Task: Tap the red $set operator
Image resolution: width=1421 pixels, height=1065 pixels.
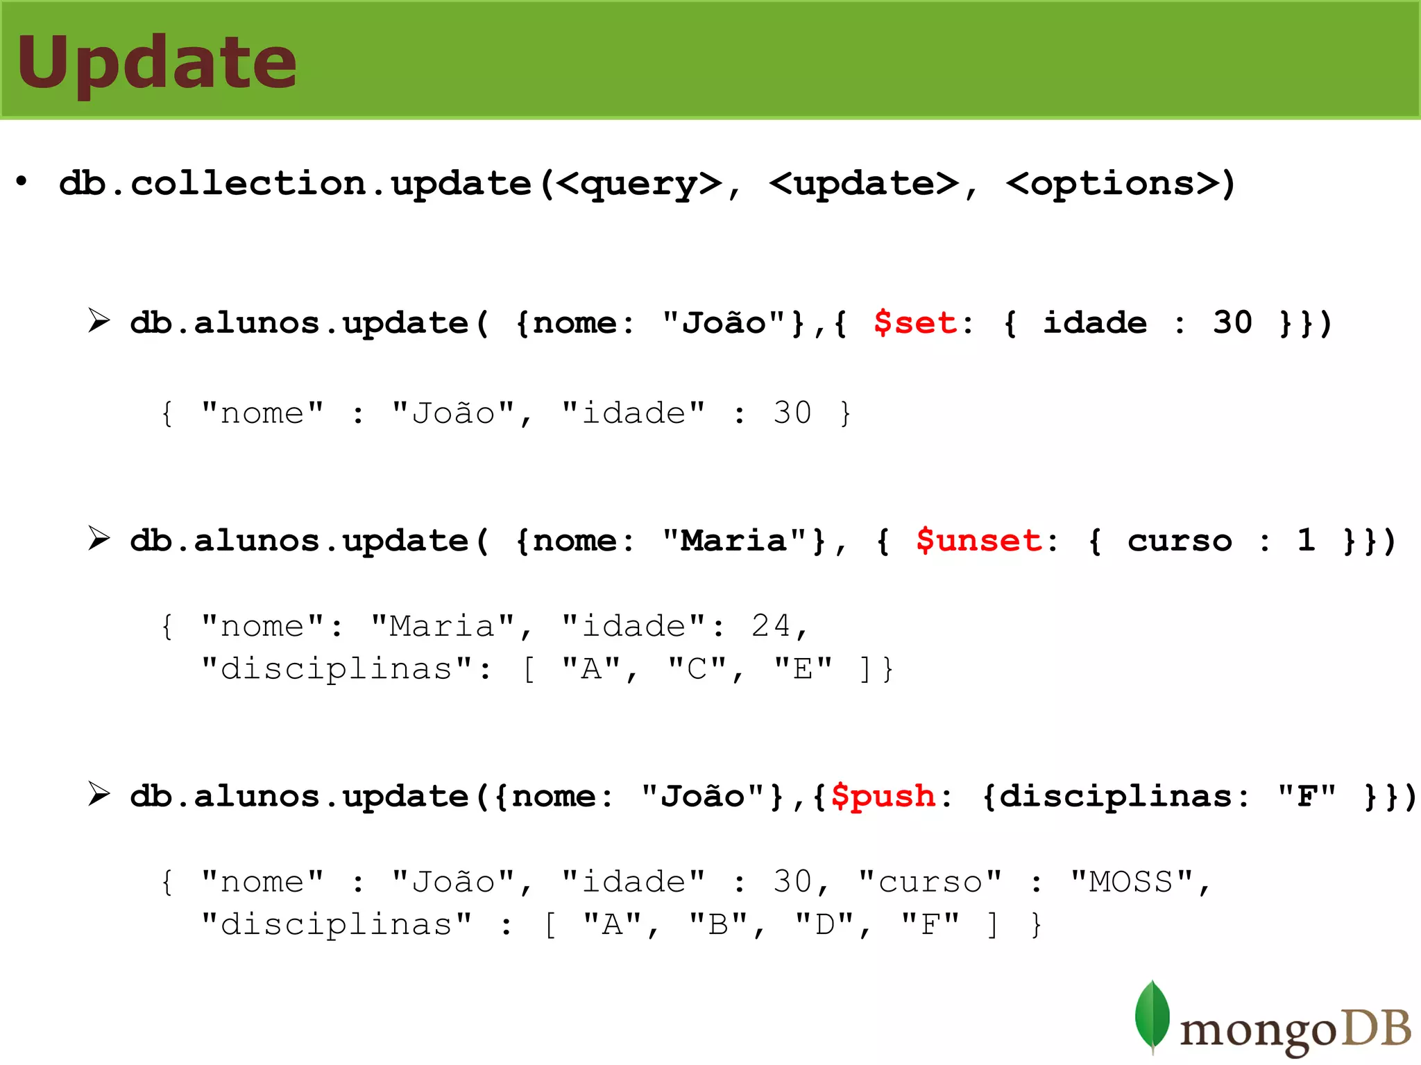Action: tap(915, 323)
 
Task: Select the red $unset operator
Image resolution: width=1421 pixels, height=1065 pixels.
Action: tap(978, 541)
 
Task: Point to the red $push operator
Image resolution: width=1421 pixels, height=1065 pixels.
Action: tap(883, 797)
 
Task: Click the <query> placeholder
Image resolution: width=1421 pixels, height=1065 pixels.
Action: tap(639, 184)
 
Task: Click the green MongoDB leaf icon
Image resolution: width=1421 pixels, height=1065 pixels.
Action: tap(1152, 1016)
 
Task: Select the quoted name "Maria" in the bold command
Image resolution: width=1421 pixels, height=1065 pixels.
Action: tap(734, 541)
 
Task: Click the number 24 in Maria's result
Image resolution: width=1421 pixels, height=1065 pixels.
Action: tap(770, 627)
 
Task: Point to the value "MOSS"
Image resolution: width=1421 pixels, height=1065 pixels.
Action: tap(1131, 883)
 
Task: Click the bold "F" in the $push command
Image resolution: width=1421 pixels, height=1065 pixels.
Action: tap(1307, 797)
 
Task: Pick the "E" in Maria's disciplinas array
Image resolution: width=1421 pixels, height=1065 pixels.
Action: tap(803, 670)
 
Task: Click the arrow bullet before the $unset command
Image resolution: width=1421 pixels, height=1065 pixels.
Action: tap(99, 539)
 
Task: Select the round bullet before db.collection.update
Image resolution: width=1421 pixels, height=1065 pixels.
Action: tap(22, 182)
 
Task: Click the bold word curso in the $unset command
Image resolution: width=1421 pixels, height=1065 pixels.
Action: tap(1180, 541)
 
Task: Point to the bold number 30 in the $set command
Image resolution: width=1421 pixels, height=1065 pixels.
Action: tap(1232, 323)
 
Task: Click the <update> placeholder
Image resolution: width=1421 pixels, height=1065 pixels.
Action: tap(864, 184)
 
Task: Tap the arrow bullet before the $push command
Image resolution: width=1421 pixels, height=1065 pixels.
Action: tap(99, 795)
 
